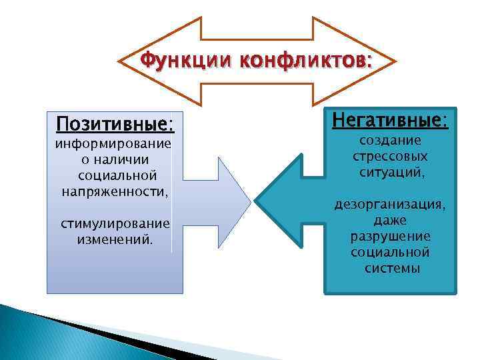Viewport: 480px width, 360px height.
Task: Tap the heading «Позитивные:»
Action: [115, 125]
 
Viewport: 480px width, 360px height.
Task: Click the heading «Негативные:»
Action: [391, 120]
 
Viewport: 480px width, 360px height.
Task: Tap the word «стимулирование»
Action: [115, 222]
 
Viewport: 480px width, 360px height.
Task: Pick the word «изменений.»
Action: [115, 237]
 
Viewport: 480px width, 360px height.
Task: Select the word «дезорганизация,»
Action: [391, 205]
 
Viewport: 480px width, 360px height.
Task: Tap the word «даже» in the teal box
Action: [391, 220]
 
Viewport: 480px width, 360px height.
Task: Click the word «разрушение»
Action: [391, 237]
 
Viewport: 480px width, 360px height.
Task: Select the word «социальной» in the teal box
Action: [391, 253]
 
